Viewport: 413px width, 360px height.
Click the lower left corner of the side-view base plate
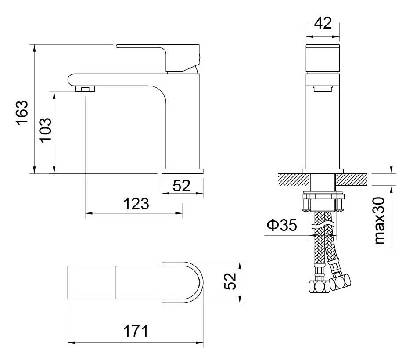click(162, 174)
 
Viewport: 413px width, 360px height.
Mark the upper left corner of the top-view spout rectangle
click(68, 266)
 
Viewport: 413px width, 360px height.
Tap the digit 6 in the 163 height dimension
click(22, 112)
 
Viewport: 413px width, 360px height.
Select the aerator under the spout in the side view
click(85, 89)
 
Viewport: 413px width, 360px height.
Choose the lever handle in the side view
click(158, 58)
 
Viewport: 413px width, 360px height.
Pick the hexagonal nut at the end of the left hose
click(319, 287)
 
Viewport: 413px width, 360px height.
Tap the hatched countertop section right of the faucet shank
click(352, 179)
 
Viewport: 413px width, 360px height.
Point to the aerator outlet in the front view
click(323, 89)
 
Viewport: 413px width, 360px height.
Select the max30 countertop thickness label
click(379, 220)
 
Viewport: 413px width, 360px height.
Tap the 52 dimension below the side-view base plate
click(182, 186)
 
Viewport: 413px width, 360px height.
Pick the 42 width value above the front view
click(323, 23)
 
